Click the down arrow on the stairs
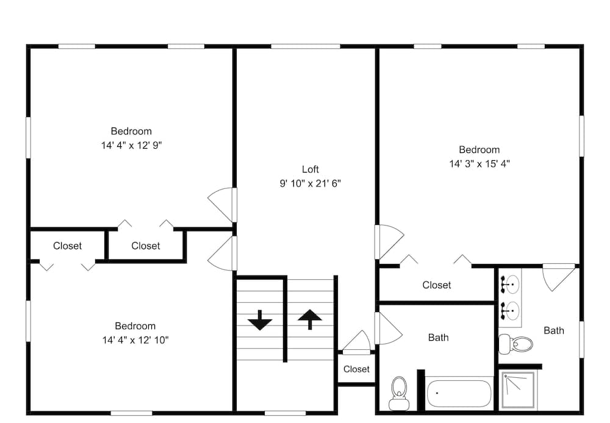(260, 320)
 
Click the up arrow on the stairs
(310, 319)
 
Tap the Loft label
(310, 169)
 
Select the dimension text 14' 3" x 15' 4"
(479, 164)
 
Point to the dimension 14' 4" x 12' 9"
(132, 146)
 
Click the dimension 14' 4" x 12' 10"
(135, 340)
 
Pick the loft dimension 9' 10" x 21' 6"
(310, 183)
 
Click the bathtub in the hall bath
(459, 393)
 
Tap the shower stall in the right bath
(517, 390)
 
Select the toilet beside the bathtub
(399, 393)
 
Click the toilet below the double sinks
(516, 344)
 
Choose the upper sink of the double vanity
(511, 285)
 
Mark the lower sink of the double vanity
(511, 310)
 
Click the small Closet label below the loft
(356, 369)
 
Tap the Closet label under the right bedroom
(437, 285)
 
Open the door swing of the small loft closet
(357, 342)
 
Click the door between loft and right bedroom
(390, 242)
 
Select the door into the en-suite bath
(559, 277)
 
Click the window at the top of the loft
(306, 46)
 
